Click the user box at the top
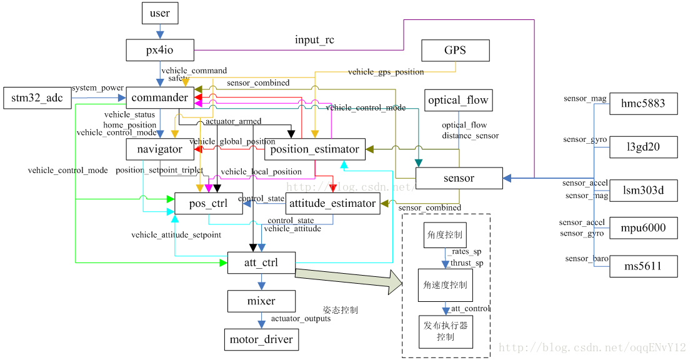coord(160,12)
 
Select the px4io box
coord(160,50)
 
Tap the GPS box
coord(455,50)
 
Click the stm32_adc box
coord(37,98)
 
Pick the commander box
coord(160,98)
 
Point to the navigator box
coord(160,149)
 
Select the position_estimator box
coord(314,149)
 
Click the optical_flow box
coord(459,100)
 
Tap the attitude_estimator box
coord(332,203)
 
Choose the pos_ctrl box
coord(209,203)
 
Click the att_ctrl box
coord(261,262)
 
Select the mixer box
coord(261,301)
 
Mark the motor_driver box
coord(261,339)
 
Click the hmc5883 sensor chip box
coord(643,104)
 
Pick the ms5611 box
coord(643,267)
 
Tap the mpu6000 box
coord(643,227)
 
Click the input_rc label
coord(314,40)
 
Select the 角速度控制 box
coord(446,286)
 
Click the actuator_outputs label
coord(301,319)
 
